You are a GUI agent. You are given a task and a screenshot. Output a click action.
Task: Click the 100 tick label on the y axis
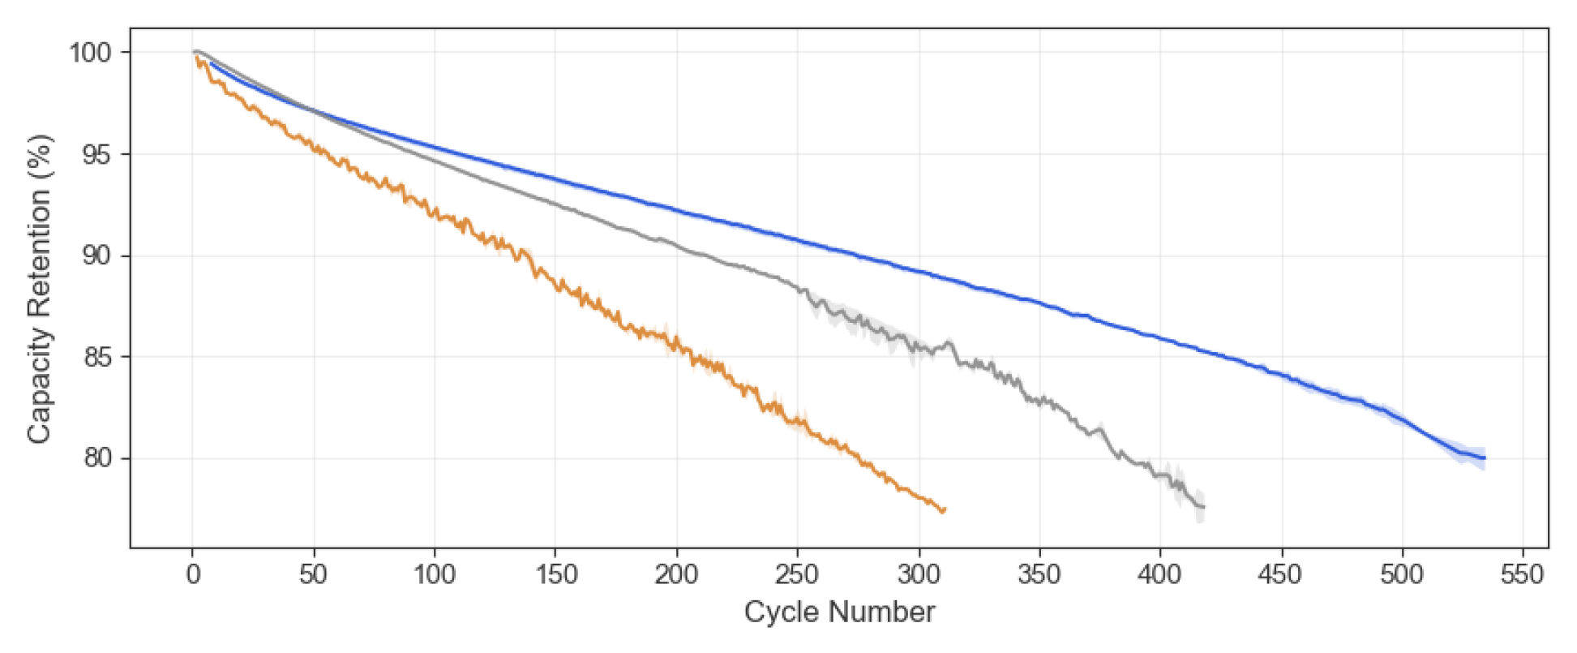coord(89,53)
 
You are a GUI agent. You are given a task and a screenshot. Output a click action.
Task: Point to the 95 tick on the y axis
coord(96,154)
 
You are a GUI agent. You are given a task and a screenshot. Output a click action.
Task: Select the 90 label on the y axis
coord(96,256)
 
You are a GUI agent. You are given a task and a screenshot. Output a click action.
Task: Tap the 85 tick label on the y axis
coord(96,357)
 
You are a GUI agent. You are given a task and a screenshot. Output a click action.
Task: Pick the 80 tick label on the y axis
coord(96,458)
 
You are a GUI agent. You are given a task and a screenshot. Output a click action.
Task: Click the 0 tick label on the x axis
coord(193,574)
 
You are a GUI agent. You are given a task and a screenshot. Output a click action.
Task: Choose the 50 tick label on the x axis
coord(313,574)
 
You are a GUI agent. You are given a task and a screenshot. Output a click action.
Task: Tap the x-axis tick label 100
coord(434,574)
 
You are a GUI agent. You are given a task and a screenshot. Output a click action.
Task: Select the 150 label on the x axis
coord(555,574)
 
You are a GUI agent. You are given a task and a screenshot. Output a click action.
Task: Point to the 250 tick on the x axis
coord(797,574)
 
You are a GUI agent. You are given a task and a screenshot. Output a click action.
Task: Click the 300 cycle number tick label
coord(919,574)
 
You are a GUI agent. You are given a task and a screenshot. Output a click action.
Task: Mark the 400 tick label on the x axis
coord(1159,574)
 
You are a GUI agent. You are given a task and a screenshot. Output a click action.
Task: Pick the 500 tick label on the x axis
coord(1402,574)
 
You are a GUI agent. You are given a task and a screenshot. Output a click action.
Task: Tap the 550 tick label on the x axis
coord(1523,574)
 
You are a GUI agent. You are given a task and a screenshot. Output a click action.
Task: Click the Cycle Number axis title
coord(839,612)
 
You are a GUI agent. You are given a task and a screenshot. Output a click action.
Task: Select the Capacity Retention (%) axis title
coord(39,289)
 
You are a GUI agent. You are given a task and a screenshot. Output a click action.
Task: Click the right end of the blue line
coord(1484,458)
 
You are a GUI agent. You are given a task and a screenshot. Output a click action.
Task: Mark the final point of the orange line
coord(945,509)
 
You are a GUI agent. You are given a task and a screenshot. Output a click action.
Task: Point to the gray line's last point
coord(1203,507)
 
